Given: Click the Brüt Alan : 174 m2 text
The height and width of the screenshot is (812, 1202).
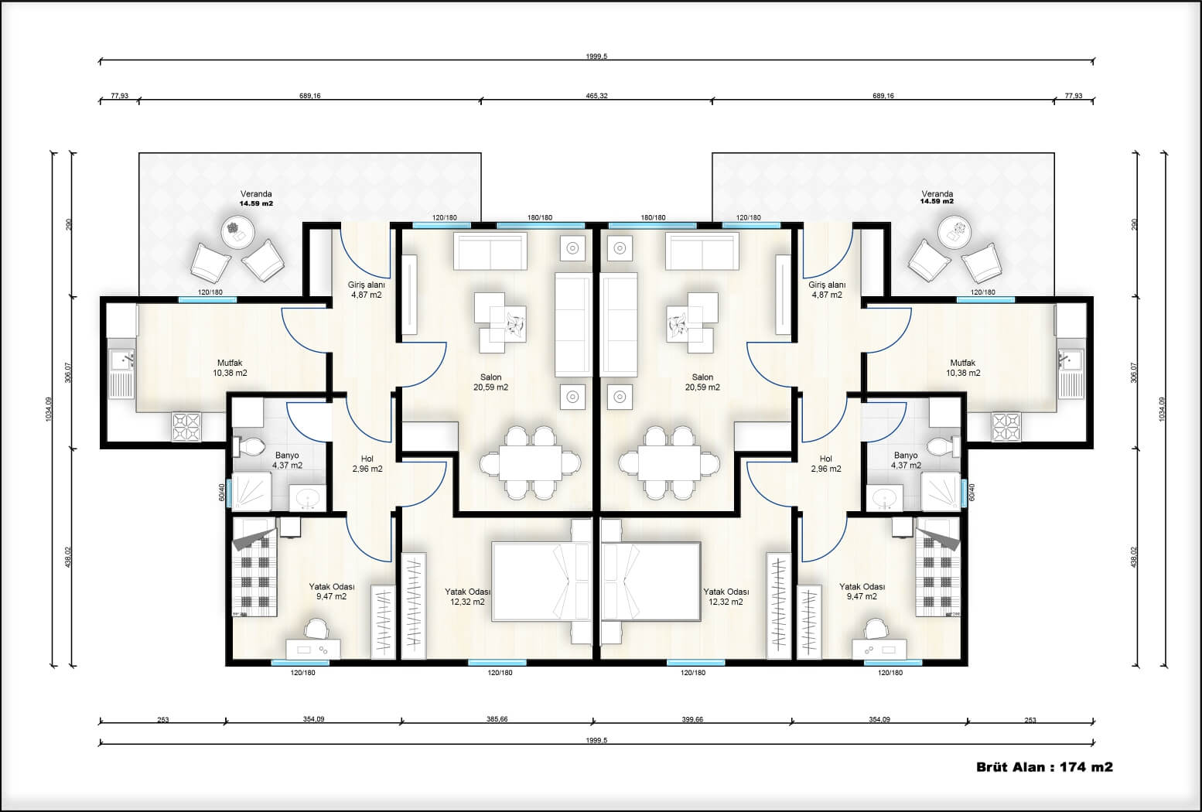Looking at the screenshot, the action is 1044,767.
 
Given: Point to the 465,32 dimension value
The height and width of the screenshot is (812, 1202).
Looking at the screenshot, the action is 596,96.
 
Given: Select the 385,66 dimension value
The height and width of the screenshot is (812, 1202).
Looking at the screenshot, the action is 497,719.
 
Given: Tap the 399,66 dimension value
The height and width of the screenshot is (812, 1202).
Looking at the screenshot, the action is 692,719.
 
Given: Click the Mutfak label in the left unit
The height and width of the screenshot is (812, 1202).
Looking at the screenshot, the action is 230,363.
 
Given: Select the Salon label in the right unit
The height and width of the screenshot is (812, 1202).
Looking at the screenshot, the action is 702,377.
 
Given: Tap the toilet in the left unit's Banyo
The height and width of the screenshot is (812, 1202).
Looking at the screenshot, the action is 249,447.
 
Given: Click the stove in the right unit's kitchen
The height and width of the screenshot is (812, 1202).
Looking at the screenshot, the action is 1006,427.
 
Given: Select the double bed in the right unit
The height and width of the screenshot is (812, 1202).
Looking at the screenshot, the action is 651,582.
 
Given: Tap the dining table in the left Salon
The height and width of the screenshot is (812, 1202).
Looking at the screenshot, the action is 531,463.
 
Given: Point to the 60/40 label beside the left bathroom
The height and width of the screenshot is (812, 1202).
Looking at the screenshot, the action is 222,493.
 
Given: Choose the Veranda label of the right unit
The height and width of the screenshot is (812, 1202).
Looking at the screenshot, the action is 937,193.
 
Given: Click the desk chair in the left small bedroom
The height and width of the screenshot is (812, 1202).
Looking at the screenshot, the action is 316,629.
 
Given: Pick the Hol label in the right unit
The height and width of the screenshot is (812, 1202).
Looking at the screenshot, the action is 826,459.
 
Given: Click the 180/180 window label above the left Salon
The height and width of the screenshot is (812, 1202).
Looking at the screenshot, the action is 540,218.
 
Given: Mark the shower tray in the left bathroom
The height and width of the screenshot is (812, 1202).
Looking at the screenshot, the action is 252,491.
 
